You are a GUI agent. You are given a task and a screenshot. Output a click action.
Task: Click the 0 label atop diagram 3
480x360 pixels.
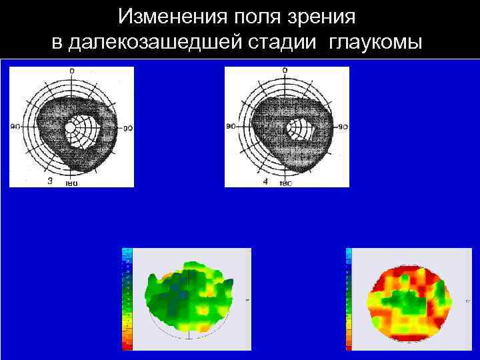(x=71, y=71)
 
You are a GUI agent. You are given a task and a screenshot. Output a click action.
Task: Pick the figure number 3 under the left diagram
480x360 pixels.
(x=50, y=181)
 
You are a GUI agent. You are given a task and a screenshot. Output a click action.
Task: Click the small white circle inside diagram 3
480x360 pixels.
(x=70, y=127)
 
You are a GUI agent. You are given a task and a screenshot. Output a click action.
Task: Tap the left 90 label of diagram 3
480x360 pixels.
(x=15, y=125)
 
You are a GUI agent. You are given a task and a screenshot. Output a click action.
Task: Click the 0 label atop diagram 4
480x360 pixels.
(x=285, y=70)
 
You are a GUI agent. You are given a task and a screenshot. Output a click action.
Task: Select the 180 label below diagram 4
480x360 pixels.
(x=285, y=183)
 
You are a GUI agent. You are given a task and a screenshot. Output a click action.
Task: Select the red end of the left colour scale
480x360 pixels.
(x=127, y=345)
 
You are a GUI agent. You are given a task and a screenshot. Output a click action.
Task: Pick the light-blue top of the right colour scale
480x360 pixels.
(x=349, y=252)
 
